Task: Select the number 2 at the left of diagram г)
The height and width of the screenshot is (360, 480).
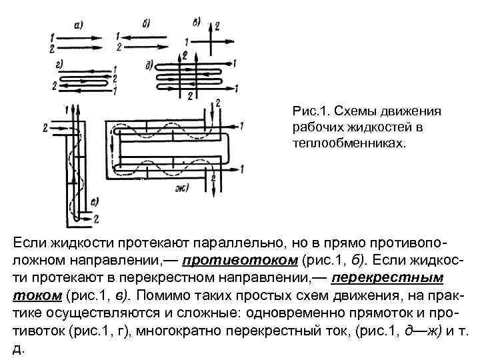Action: [44, 85]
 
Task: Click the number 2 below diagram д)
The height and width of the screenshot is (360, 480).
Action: [189, 97]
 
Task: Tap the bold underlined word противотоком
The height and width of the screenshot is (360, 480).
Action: [239, 259]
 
